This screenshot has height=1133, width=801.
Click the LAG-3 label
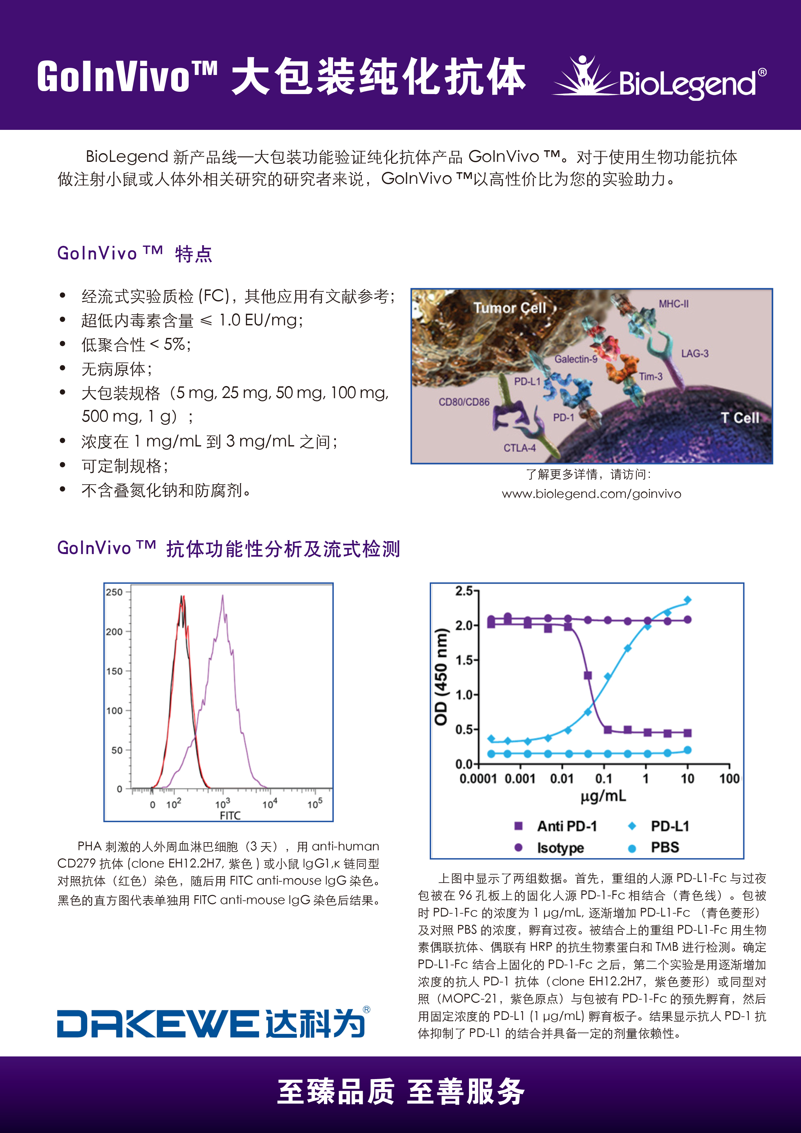[x=694, y=353]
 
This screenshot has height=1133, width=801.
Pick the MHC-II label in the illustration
[x=674, y=304]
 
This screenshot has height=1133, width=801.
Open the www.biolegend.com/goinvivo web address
[x=591, y=494]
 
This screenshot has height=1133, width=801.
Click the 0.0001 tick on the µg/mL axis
[x=478, y=779]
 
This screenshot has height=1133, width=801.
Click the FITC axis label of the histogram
[x=230, y=815]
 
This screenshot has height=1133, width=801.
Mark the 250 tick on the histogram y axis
[x=114, y=592]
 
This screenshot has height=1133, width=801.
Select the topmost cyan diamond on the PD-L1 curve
[x=688, y=600]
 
